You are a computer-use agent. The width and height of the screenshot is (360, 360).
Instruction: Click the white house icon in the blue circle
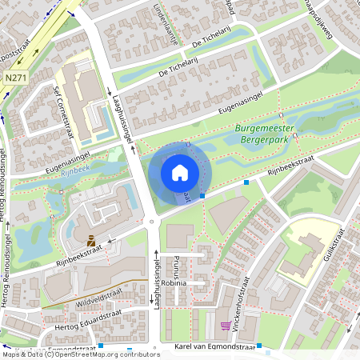coord(180,173)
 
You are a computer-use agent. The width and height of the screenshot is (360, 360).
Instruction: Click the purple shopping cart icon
coord(226,326)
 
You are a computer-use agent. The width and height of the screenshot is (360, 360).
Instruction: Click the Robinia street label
coord(174,283)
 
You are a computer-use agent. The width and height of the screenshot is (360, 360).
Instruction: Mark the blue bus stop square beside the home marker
coord(202,195)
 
